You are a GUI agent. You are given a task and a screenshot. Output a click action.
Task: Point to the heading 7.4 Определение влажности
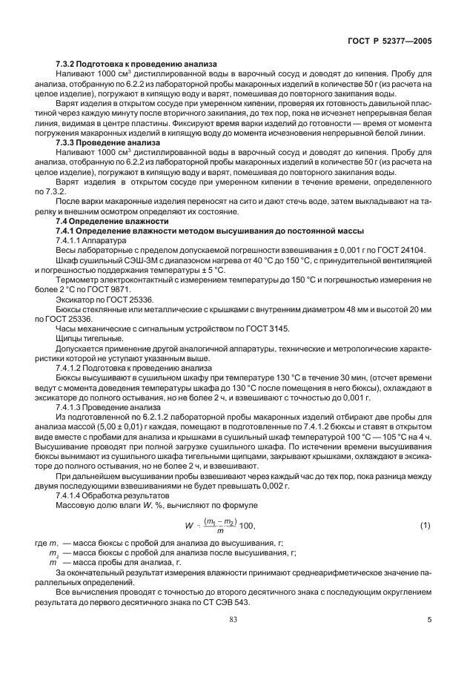click(x=106, y=221)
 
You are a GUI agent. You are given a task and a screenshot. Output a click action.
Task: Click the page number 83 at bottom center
click(x=233, y=639)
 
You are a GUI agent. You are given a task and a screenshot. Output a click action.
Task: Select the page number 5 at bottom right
click(x=428, y=639)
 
